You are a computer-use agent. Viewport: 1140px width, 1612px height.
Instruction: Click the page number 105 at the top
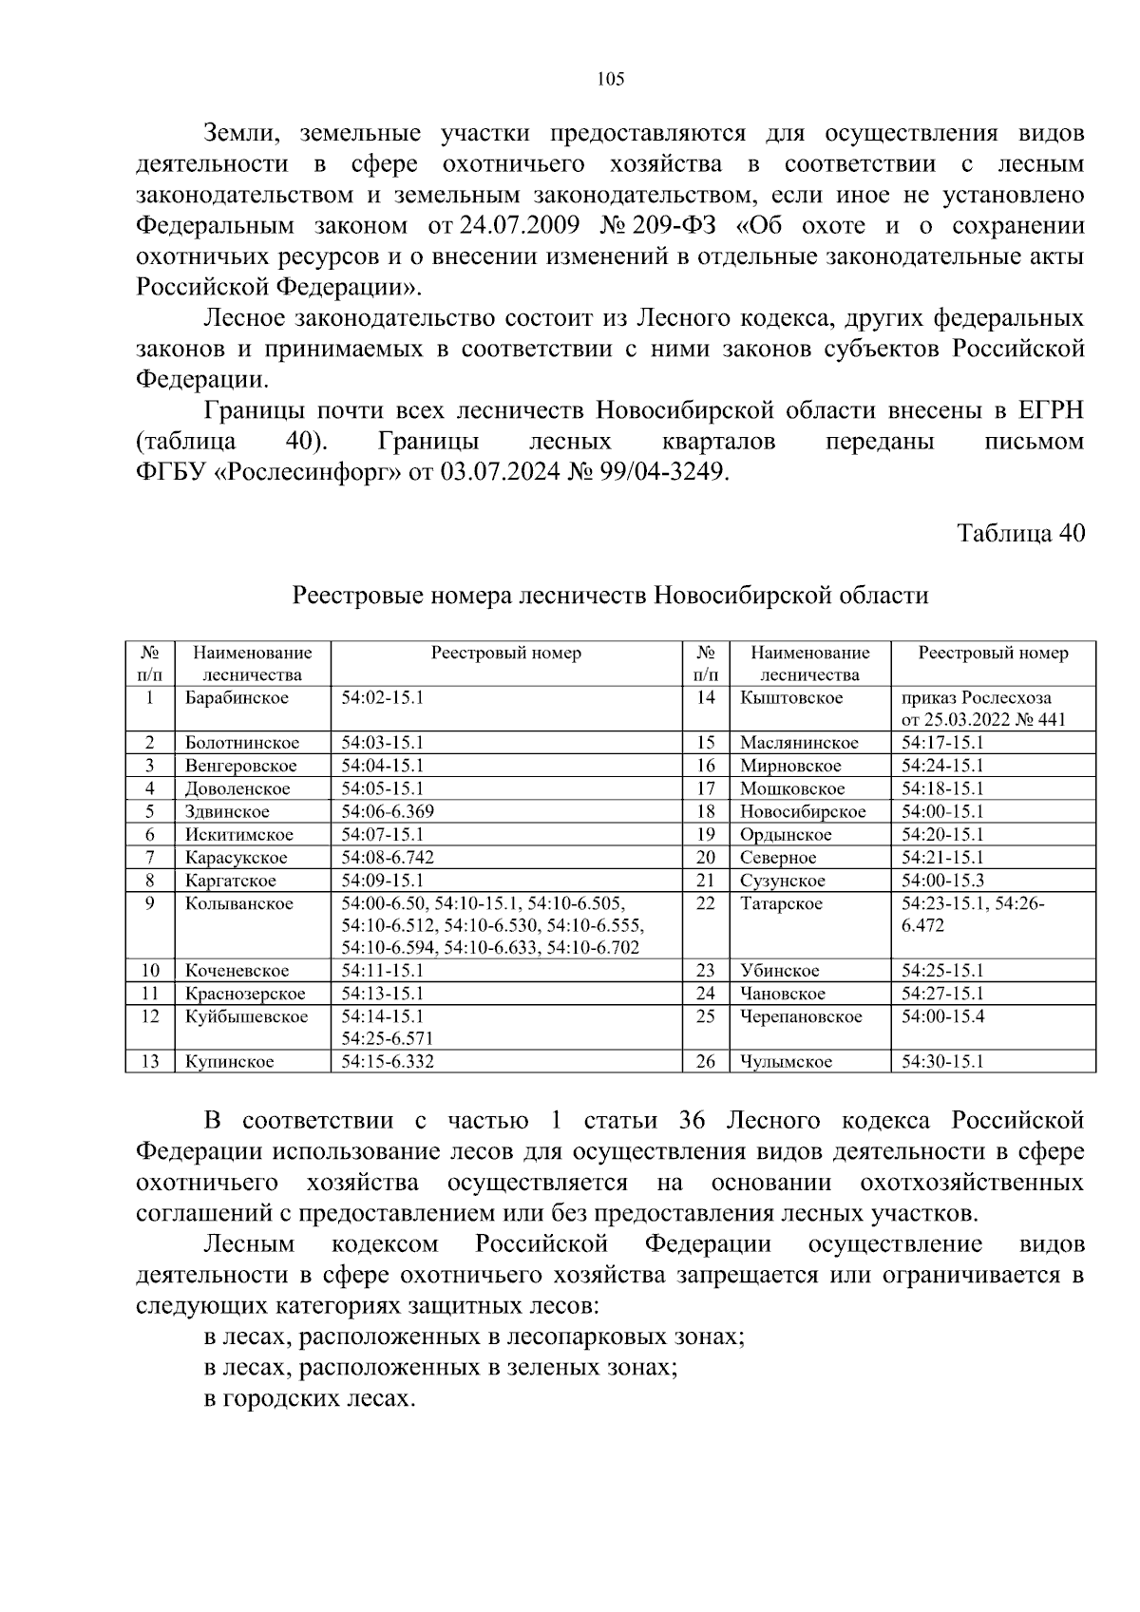(x=610, y=80)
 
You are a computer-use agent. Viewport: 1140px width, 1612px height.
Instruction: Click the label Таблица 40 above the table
(x=1020, y=533)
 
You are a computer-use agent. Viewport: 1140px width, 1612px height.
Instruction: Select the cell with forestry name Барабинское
(x=237, y=698)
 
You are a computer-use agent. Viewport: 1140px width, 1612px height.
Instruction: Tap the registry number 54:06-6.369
(x=389, y=811)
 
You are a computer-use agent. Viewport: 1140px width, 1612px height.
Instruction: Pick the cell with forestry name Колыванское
(x=239, y=903)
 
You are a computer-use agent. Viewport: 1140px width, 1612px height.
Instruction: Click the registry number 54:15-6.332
(x=388, y=1061)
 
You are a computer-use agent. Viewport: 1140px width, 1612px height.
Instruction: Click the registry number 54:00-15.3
(x=942, y=881)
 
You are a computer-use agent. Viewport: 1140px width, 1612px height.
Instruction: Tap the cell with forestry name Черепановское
(x=801, y=1016)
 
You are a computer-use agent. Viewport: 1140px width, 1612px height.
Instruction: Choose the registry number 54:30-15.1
(x=942, y=1061)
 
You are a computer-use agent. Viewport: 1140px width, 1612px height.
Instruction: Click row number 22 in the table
(x=705, y=903)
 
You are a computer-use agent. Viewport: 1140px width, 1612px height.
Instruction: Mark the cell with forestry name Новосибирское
(x=803, y=811)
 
